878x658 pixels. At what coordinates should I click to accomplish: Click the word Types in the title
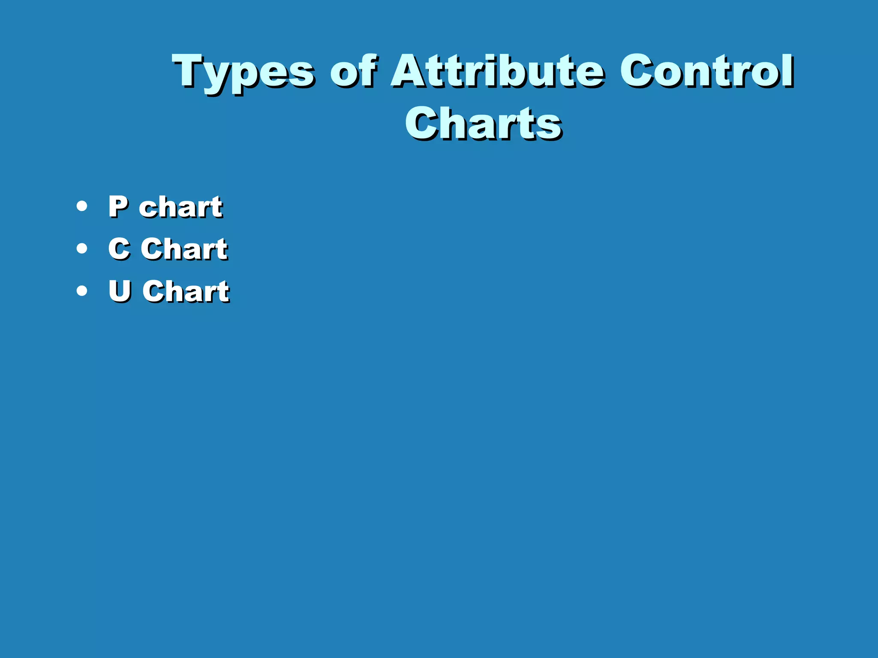(243, 72)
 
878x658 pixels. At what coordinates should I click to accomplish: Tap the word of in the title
(353, 71)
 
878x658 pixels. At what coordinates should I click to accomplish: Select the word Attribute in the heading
(497, 71)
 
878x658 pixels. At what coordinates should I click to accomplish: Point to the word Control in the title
(707, 71)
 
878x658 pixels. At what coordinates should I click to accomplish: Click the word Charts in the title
(483, 123)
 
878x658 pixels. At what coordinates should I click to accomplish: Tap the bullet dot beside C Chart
(81, 248)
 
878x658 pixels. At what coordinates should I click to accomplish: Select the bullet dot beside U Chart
(81, 291)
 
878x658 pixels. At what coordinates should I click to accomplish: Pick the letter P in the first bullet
(118, 207)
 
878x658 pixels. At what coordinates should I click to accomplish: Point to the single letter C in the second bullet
(119, 248)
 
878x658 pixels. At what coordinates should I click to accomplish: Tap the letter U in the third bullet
(120, 291)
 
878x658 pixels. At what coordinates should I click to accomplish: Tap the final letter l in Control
(788, 70)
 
